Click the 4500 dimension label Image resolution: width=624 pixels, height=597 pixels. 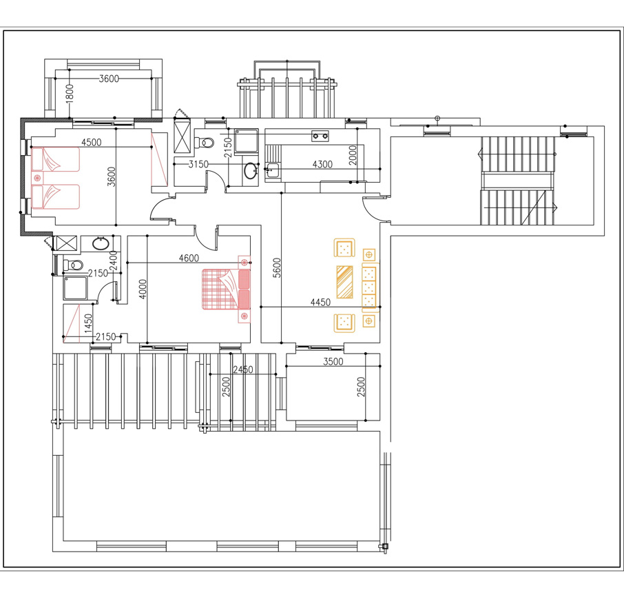[91, 142]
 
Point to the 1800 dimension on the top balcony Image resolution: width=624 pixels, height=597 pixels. [70, 94]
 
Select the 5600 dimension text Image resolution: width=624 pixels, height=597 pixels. [277, 267]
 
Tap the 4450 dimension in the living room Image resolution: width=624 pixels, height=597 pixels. [320, 302]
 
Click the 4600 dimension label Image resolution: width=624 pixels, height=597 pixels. [189, 258]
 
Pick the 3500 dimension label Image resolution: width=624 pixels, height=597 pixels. [333, 362]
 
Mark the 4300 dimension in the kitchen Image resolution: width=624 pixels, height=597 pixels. [322, 164]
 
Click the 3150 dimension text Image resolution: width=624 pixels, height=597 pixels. [198, 164]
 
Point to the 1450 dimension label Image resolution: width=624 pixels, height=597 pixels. [88, 323]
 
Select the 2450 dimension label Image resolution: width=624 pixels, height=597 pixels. [242, 370]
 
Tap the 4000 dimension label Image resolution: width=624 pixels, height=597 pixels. [143, 289]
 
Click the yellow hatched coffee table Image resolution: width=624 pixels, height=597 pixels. [344, 282]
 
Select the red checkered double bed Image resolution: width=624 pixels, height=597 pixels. [226, 289]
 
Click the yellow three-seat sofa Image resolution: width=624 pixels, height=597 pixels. [370, 287]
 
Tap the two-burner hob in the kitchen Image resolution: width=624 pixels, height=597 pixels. [320, 136]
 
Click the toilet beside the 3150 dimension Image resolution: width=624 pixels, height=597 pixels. [205, 142]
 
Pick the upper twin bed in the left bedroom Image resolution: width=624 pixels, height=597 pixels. [55, 159]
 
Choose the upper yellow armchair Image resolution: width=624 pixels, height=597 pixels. [344, 247]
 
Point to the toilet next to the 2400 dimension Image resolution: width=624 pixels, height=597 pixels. [73, 265]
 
